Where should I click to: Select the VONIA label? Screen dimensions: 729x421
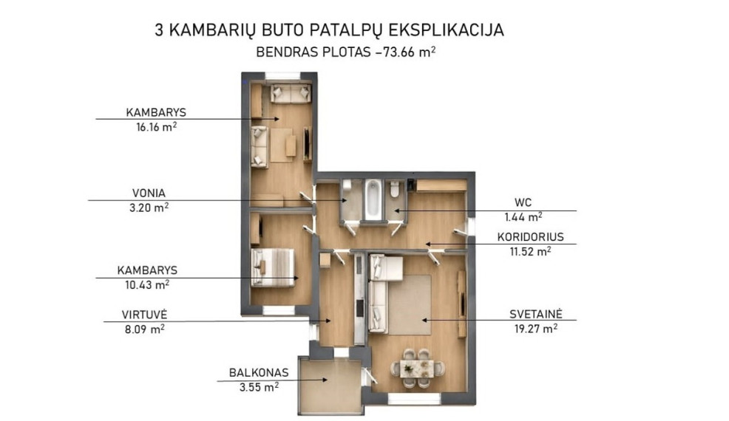click(149, 193)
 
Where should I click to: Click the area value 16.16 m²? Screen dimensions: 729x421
click(156, 127)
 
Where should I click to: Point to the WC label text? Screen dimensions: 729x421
click(523, 202)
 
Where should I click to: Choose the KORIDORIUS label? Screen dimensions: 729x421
click(530, 237)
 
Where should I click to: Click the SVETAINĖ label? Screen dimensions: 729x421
click(536, 314)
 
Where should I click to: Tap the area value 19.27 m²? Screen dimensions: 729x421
click(536, 329)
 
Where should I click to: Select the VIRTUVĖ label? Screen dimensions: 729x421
click(145, 315)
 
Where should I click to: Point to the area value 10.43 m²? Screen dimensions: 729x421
click(147, 284)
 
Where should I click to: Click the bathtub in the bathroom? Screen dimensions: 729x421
click(373, 200)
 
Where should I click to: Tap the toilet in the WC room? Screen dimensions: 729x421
click(395, 188)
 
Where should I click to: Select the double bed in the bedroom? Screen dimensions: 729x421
click(272, 267)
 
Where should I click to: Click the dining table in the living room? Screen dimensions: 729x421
click(417, 369)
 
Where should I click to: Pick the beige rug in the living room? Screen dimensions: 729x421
click(410, 305)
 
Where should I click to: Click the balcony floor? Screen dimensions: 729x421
click(330, 386)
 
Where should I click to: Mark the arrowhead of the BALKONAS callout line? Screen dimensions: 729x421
click(325, 380)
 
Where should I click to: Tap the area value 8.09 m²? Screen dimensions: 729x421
click(144, 329)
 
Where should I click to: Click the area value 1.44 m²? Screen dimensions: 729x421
click(523, 217)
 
